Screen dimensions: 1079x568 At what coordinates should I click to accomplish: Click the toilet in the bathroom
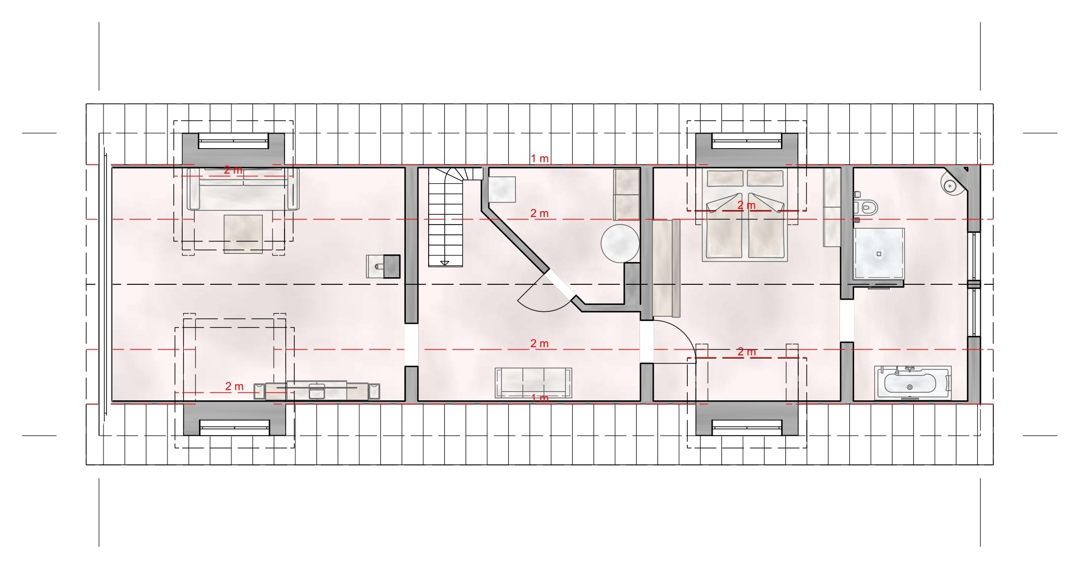[866, 207]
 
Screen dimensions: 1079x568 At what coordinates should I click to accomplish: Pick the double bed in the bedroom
[745, 215]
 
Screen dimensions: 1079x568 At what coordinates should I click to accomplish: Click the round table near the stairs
[620, 244]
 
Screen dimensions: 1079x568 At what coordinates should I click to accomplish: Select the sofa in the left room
[243, 189]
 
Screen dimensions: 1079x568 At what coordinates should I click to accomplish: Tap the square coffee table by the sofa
[243, 234]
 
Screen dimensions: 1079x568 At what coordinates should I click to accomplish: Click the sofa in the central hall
[533, 383]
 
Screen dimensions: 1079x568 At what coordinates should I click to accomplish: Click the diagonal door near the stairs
[558, 284]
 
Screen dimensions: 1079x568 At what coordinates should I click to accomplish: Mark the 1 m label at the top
[540, 158]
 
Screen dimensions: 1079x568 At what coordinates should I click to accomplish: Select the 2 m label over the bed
[746, 206]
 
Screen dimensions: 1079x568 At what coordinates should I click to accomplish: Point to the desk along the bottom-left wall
[316, 390]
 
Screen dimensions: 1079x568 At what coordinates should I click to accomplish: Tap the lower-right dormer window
[747, 427]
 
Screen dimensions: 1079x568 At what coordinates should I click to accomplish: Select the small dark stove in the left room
[383, 266]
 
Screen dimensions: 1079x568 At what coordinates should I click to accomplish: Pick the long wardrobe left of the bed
[666, 268]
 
